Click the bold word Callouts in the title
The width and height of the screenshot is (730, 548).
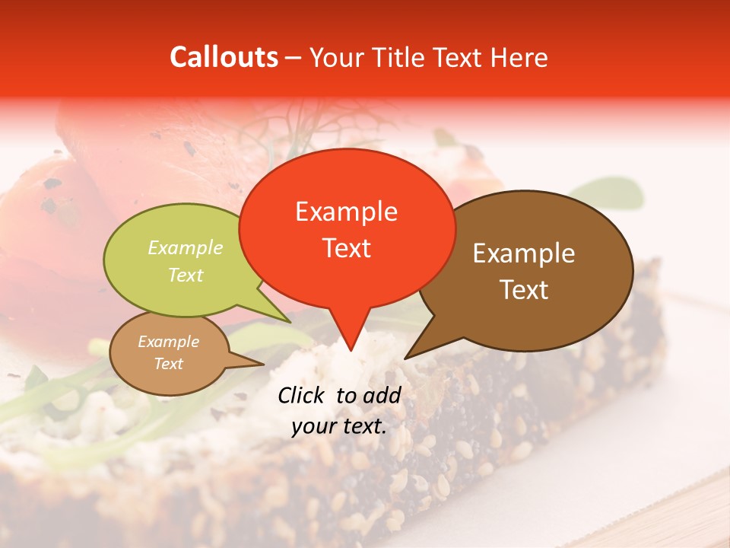(x=224, y=57)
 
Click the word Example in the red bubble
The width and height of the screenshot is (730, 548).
(x=346, y=212)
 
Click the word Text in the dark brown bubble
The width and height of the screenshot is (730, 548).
(x=525, y=290)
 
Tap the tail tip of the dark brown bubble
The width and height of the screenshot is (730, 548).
(x=407, y=357)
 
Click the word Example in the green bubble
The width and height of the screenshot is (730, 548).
(x=186, y=248)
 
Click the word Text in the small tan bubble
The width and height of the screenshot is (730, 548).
(x=169, y=364)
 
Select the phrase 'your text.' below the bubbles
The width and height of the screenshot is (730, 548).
(x=339, y=426)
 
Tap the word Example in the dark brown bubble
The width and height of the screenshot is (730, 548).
(x=524, y=253)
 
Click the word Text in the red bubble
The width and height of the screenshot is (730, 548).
(x=347, y=248)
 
